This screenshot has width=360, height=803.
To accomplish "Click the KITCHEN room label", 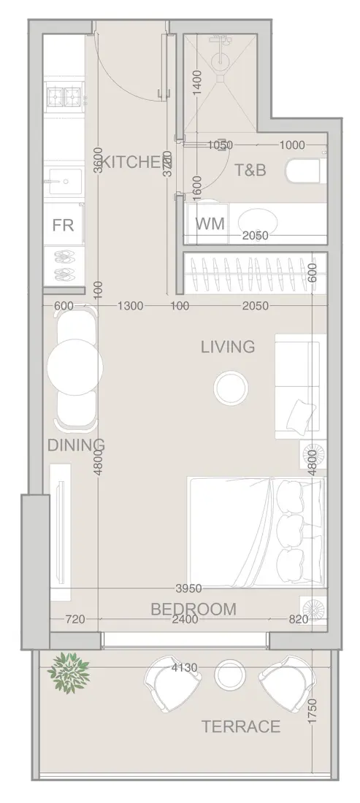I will click(131, 162).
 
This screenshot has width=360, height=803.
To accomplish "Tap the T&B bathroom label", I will click(250, 170).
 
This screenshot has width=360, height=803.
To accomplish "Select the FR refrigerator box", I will click(63, 225).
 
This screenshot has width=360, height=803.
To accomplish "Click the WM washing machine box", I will click(210, 223).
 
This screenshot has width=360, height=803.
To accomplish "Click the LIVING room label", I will click(228, 347).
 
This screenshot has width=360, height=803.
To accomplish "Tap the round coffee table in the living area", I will click(231, 386).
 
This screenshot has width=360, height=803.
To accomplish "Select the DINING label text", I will click(76, 445).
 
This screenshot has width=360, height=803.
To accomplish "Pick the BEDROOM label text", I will click(193, 609).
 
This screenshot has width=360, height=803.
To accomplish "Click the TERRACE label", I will click(240, 726).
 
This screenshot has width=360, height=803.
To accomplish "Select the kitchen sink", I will click(64, 180).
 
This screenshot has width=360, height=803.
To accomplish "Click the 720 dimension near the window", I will click(75, 620).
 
